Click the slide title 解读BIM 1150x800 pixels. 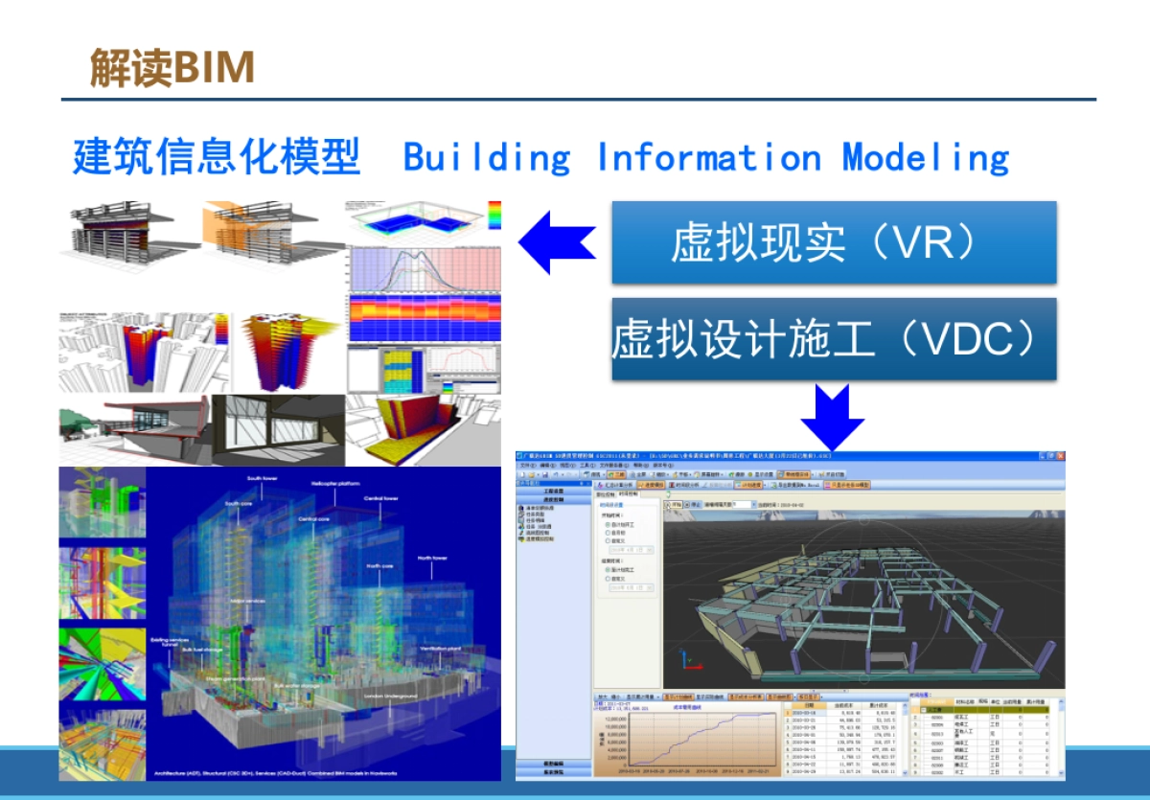[x=172, y=67]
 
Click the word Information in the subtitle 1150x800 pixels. [x=708, y=157]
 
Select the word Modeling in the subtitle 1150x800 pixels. [x=925, y=157]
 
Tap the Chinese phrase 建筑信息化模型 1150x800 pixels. [x=217, y=156]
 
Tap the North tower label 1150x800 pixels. [x=431, y=558]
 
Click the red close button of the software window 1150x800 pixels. [x=1059, y=457]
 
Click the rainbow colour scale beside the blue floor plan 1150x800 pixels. [x=494, y=215]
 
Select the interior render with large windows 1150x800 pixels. [x=278, y=430]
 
